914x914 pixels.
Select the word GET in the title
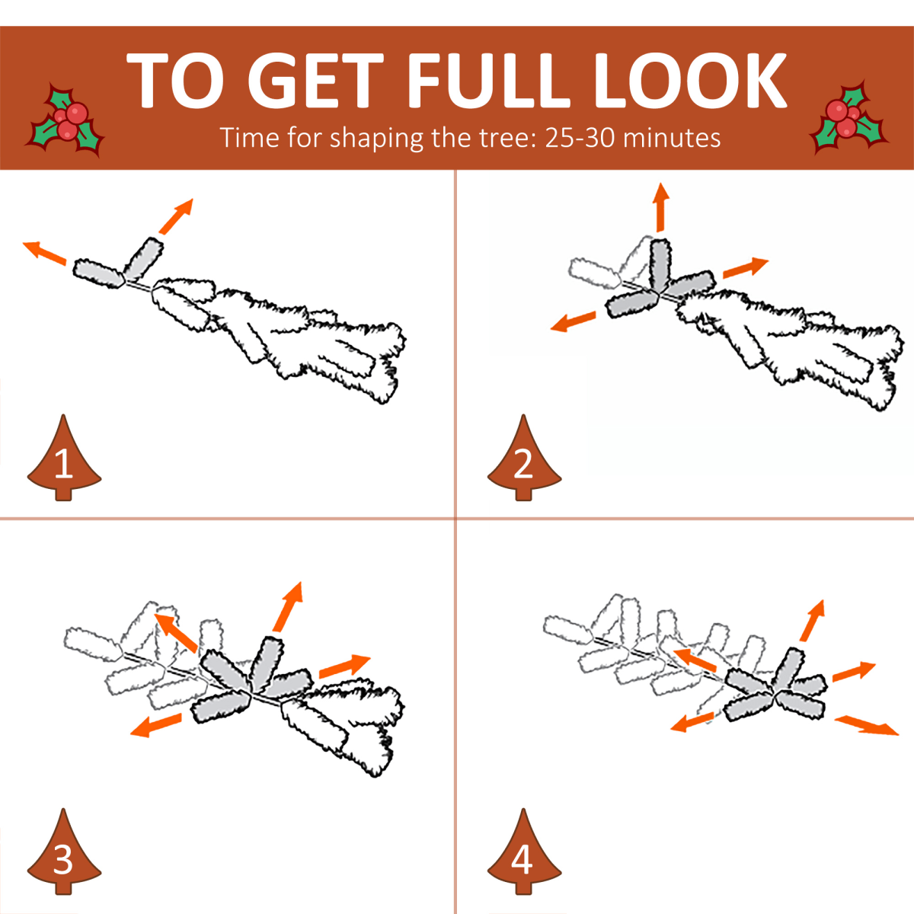click(316, 80)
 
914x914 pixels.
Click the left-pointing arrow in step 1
click(45, 252)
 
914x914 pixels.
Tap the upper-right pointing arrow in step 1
click(177, 216)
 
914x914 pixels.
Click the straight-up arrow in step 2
click(660, 207)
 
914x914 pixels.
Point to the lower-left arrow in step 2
click(573, 321)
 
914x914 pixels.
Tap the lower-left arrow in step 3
click(155, 725)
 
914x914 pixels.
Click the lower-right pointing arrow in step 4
click(867, 726)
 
